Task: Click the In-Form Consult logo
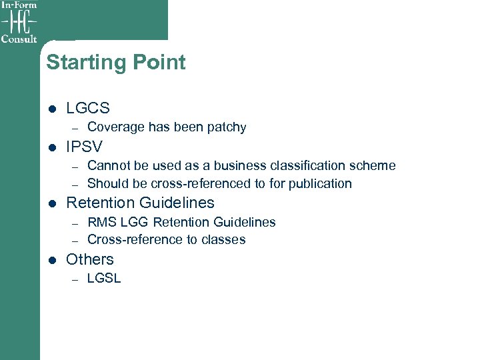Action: [x=19, y=22]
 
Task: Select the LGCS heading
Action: [x=88, y=108]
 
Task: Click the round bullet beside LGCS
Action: [x=52, y=108]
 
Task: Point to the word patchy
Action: [x=226, y=127]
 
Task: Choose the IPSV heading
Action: [x=84, y=146]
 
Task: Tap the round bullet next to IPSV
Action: [x=52, y=146]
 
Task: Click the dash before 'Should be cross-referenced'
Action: [x=75, y=184]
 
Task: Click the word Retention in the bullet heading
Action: [x=100, y=203]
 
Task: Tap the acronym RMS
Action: [x=101, y=222]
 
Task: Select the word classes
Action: [x=225, y=239]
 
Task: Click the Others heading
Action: [x=90, y=259]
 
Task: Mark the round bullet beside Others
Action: [x=52, y=259]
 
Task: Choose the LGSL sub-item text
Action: [x=104, y=279]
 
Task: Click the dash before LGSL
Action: [x=75, y=279]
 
